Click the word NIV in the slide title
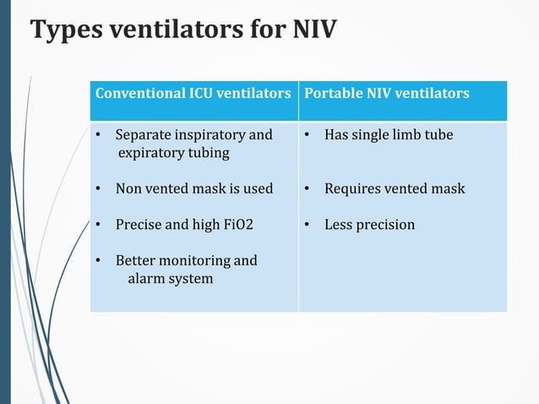[312, 30]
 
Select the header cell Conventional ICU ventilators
[193, 93]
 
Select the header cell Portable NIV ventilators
[386, 93]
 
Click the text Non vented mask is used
[193, 188]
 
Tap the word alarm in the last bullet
[145, 278]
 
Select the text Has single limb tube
[389, 135]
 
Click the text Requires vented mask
[395, 188]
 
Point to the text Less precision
[369, 225]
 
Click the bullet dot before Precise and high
[99, 225]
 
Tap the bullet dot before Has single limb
[308, 135]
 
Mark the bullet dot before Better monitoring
[99, 260]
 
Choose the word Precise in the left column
[138, 225]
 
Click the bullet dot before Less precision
[308, 225]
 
